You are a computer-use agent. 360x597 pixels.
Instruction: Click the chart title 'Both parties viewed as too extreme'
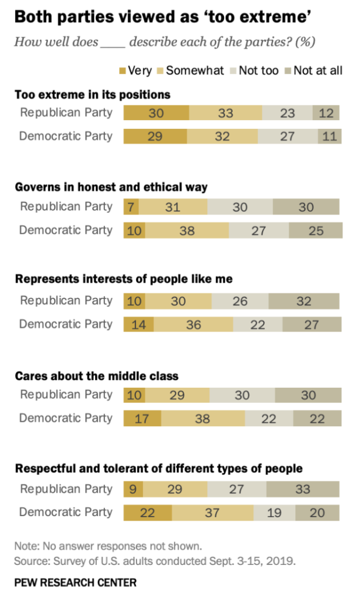click(161, 16)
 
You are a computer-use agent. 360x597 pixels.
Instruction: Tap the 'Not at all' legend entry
click(318, 71)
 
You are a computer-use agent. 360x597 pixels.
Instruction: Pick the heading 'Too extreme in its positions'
click(92, 94)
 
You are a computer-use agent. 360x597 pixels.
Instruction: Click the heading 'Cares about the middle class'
click(96, 375)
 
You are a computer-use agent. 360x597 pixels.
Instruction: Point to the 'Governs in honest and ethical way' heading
click(111, 188)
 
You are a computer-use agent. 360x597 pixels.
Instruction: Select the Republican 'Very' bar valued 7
click(131, 207)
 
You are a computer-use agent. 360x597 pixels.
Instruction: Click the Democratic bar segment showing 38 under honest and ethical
click(187, 230)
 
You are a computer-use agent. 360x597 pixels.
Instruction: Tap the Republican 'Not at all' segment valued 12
click(326, 113)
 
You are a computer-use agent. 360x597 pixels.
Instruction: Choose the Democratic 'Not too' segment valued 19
click(274, 512)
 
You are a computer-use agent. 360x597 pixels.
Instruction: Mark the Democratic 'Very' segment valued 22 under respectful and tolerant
click(148, 512)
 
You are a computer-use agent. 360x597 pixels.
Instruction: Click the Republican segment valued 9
click(132, 489)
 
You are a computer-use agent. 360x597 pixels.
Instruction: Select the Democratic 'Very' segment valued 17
click(142, 419)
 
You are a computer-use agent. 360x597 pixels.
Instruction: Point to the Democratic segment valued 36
click(193, 324)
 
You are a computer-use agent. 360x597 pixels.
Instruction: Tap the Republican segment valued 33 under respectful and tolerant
click(303, 489)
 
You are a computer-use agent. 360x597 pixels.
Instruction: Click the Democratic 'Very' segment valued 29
click(155, 136)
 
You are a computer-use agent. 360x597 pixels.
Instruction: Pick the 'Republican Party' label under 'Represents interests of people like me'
click(66, 301)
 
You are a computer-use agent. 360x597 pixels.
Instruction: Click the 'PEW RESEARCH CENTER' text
click(76, 582)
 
